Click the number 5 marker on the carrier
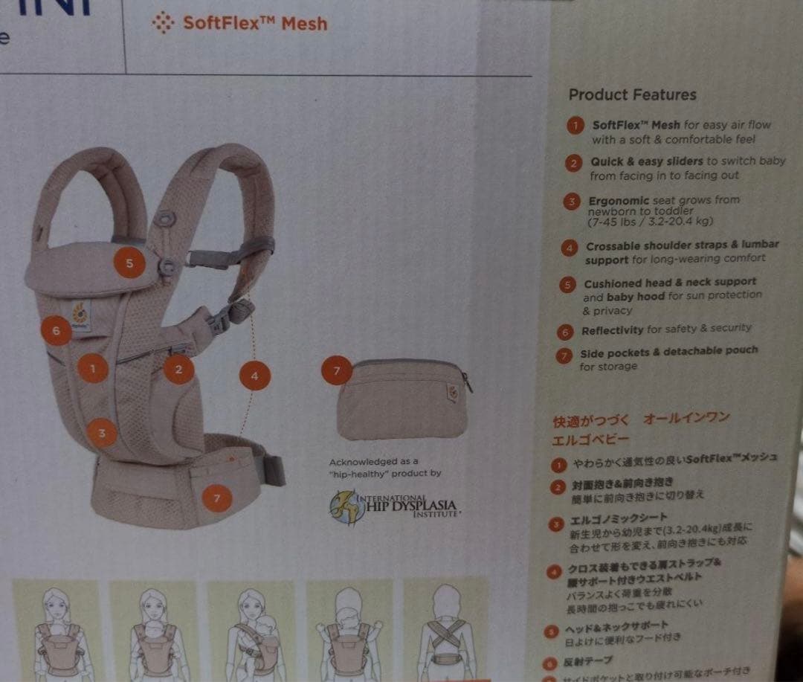[x=129, y=263]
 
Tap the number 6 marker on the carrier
[x=57, y=330]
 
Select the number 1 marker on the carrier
[x=93, y=367]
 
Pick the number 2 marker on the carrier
[x=178, y=368]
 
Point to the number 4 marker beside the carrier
[x=254, y=376]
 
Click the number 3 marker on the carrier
[x=102, y=432]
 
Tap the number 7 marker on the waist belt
[x=216, y=498]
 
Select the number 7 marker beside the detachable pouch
[x=337, y=370]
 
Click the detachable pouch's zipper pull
[x=467, y=382]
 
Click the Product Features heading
[x=632, y=94]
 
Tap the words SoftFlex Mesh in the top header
[x=254, y=23]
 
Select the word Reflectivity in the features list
[x=612, y=330]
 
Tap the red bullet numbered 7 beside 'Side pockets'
[x=565, y=355]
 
